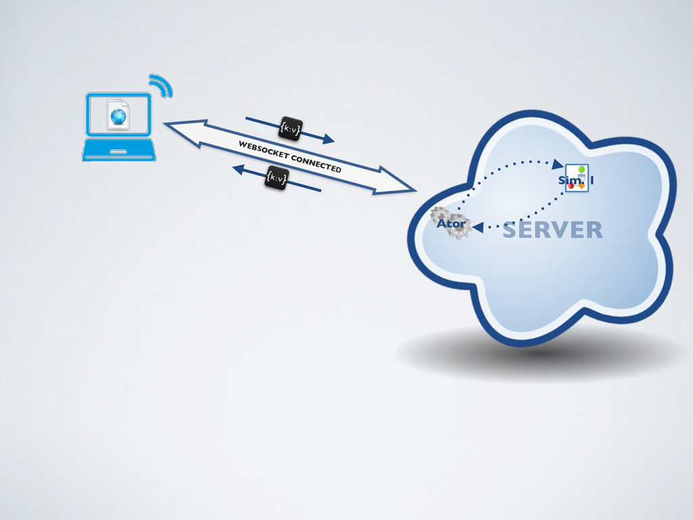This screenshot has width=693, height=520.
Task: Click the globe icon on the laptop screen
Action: click(x=118, y=116)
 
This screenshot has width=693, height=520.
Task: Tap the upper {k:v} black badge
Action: click(x=290, y=128)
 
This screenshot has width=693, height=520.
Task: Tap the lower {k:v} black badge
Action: click(x=276, y=177)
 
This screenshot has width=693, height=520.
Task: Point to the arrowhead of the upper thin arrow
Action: click(x=328, y=139)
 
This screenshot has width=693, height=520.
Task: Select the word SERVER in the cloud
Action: click(x=552, y=231)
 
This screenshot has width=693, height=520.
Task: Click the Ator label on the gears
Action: click(x=451, y=223)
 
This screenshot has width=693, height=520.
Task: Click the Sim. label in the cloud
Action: click(x=566, y=181)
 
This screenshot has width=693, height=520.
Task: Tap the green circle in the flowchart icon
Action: click(x=581, y=169)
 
